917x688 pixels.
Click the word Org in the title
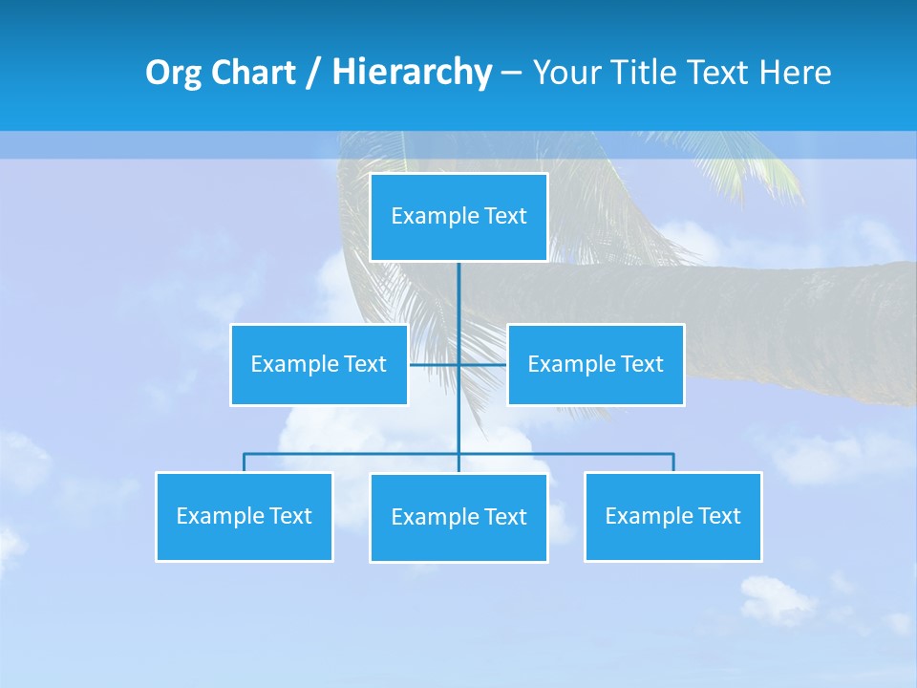pyautogui.click(x=174, y=74)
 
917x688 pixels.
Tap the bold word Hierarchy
pyautogui.click(x=412, y=74)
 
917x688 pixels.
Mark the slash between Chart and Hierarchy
pyautogui.click(x=313, y=74)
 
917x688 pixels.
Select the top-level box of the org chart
pyautogui.click(x=458, y=217)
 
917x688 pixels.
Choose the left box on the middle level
pyautogui.click(x=319, y=365)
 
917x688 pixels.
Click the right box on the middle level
pyautogui.click(x=595, y=365)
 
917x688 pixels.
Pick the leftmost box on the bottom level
pyautogui.click(x=245, y=517)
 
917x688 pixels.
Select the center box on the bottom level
pyautogui.click(x=458, y=518)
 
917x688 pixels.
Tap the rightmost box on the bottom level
pyautogui.click(x=673, y=517)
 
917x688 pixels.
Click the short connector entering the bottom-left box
pyautogui.click(x=245, y=462)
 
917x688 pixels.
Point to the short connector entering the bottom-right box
pyautogui.click(x=673, y=462)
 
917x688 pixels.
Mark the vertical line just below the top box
pyautogui.click(x=458, y=287)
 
